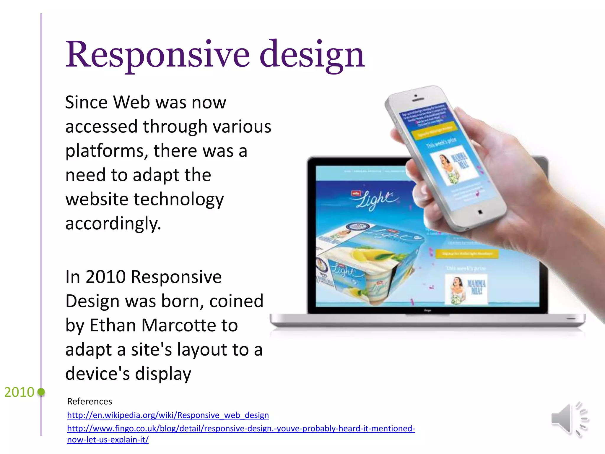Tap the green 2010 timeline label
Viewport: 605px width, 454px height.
click(x=19, y=392)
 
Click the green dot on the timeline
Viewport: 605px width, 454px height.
click(x=41, y=392)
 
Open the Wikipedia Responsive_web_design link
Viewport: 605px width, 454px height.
click(x=168, y=415)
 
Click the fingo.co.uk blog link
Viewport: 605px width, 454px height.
click(x=241, y=429)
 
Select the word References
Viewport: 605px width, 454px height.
click(x=90, y=401)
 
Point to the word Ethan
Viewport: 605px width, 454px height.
click(x=113, y=325)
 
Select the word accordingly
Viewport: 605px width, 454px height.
click(x=113, y=224)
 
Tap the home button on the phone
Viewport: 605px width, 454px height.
click(x=480, y=212)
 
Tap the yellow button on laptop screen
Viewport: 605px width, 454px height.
click(x=467, y=254)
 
